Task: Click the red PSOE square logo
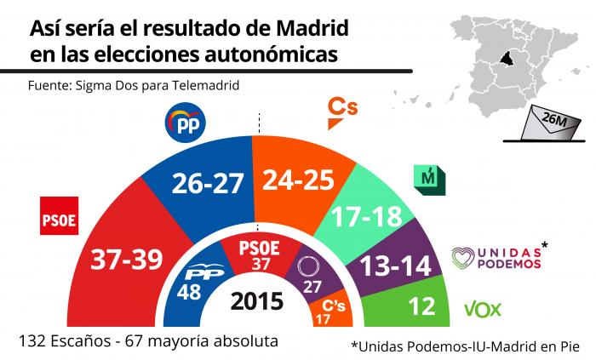tap(60, 215)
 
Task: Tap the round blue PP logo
tap(185, 123)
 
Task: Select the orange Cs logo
tap(342, 113)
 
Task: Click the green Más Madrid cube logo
tap(429, 180)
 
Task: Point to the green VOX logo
tap(483, 310)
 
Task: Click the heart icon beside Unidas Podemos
tap(463, 258)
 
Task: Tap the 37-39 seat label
tap(127, 260)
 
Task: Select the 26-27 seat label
tap(208, 183)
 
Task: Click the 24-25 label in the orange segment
tap(298, 180)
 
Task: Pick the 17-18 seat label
tap(367, 216)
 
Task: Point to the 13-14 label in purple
tap(396, 266)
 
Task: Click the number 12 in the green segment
tap(422, 306)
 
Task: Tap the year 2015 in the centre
tap(257, 301)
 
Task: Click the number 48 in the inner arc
tap(189, 292)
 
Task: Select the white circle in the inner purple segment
tap(308, 266)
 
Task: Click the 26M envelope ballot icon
tap(552, 123)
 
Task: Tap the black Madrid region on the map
tap(507, 59)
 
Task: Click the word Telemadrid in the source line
tap(206, 85)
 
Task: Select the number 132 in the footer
tap(32, 341)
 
